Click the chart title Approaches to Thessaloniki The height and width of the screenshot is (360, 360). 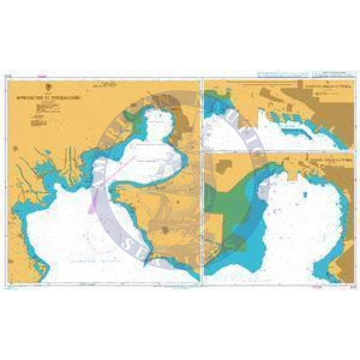pyautogui.click(x=64, y=97)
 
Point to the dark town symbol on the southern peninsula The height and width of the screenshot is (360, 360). pyautogui.click(x=165, y=229)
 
